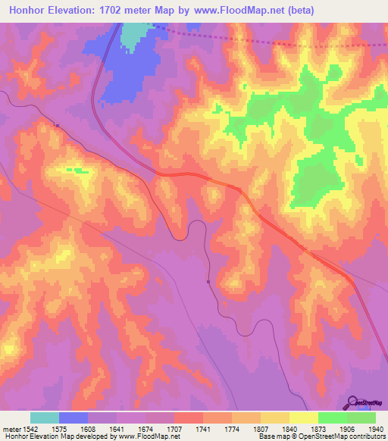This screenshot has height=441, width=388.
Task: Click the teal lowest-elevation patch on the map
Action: pos(134,33)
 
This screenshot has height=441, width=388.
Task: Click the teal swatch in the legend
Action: pos(45,418)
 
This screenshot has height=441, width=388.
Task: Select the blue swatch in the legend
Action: pos(74,418)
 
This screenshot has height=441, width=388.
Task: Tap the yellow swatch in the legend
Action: pos(304,418)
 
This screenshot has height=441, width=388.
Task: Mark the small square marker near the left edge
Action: pos(57,125)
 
